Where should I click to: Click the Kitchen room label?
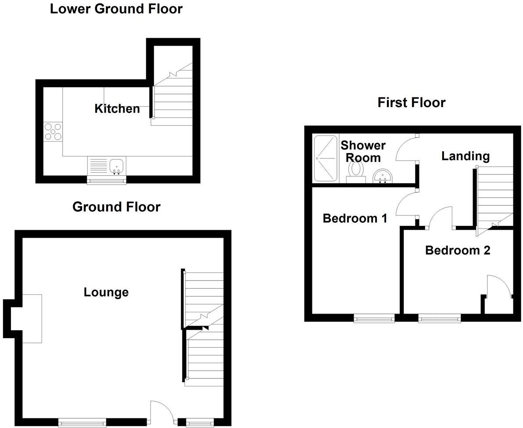[117, 108]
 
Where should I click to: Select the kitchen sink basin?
[117, 166]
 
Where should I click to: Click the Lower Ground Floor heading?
[116, 8]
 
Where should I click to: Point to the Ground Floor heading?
[116, 207]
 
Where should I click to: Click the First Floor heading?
[411, 102]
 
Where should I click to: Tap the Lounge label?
[106, 292]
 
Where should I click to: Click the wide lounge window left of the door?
[82, 422]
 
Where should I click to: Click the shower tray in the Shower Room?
[326, 158]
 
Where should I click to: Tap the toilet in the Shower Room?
[355, 171]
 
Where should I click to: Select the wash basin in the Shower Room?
[383, 177]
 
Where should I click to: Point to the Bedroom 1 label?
[355, 218]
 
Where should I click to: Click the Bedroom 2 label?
[457, 250]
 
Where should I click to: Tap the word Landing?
[465, 156]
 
